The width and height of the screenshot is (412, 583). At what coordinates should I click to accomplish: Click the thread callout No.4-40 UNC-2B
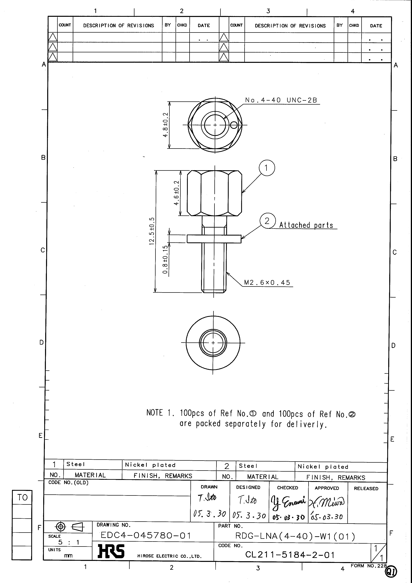tap(281, 100)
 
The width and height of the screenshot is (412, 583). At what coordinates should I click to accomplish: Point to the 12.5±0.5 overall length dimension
tap(152, 231)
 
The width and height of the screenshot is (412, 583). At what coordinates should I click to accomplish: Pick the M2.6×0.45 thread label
tap(267, 283)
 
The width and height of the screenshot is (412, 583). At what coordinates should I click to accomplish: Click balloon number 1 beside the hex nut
tap(267, 168)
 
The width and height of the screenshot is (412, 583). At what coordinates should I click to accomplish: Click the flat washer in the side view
tap(214, 239)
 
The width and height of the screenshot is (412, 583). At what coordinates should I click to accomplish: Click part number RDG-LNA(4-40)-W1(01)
tap(295, 536)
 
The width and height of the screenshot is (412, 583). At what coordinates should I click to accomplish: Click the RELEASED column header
tap(366, 489)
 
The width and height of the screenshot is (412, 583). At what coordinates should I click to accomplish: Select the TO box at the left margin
tap(22, 497)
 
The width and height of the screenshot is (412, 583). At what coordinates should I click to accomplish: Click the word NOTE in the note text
tap(155, 413)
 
